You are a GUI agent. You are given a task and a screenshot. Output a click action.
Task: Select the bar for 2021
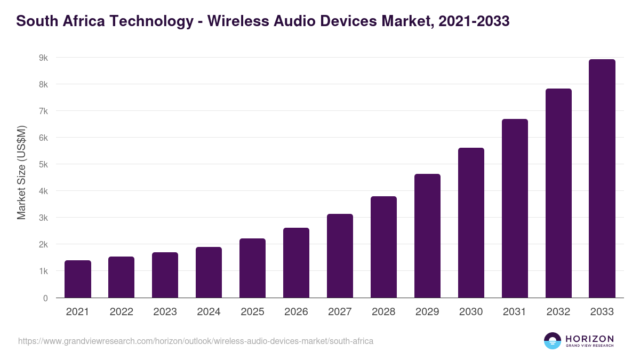click(x=78, y=279)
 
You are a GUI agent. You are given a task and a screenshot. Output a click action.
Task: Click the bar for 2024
click(x=209, y=272)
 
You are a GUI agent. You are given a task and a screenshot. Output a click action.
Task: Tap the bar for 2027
click(x=340, y=256)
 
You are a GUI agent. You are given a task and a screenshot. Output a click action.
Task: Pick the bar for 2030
click(x=471, y=223)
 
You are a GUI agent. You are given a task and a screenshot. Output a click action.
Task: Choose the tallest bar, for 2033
click(x=602, y=179)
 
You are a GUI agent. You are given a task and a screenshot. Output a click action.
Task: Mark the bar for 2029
click(x=427, y=236)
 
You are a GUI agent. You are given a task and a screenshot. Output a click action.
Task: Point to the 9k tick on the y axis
click(x=43, y=58)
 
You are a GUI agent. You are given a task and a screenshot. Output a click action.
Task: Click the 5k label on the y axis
click(x=43, y=164)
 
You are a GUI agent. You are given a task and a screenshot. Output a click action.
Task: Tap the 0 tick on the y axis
click(x=45, y=298)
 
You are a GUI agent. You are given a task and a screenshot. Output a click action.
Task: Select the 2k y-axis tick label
click(x=43, y=244)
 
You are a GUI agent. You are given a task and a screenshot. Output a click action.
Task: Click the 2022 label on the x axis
click(x=122, y=312)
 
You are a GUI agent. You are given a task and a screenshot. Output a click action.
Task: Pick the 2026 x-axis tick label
click(x=296, y=312)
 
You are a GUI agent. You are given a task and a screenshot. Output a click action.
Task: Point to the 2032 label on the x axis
click(x=558, y=312)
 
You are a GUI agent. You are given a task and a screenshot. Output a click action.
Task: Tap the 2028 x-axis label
click(x=383, y=312)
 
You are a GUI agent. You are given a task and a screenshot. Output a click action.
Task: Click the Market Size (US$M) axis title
click(x=21, y=172)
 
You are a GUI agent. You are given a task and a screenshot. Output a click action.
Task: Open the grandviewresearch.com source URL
click(x=196, y=341)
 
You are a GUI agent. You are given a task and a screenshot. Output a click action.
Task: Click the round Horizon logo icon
click(x=553, y=341)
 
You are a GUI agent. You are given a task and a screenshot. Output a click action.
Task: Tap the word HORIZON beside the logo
click(x=590, y=339)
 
